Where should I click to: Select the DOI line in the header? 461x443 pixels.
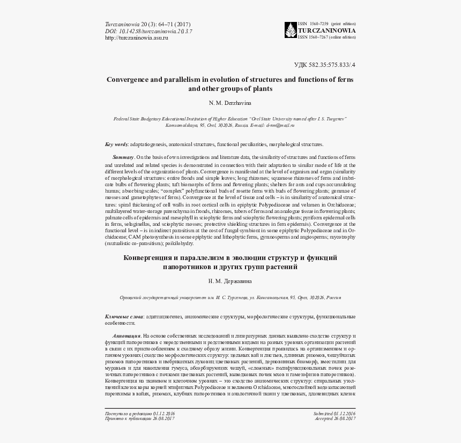[148, 31]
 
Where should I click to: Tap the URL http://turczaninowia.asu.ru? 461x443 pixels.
[137, 37]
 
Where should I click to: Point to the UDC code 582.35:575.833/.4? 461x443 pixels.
[325, 65]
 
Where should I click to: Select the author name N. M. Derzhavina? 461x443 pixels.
[230, 102]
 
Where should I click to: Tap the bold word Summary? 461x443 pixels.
[123, 157]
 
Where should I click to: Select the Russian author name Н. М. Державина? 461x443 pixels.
[230, 281]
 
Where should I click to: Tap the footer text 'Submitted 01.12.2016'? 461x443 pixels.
[334, 414]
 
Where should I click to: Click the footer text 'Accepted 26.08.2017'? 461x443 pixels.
[336, 419]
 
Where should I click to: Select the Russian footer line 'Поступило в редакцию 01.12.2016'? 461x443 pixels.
[140, 414]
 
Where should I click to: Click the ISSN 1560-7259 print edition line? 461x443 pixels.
[326, 24]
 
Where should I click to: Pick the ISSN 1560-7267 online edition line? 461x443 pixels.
[326, 37]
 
